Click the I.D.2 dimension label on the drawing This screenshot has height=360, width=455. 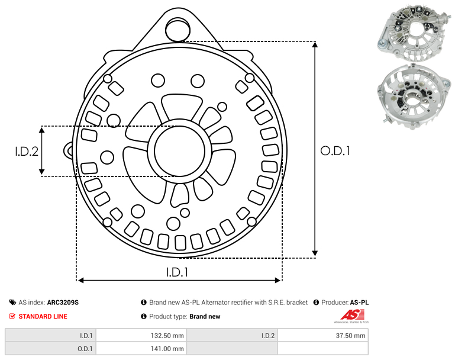coord(27,152)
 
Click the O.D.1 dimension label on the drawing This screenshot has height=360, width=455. coord(335,151)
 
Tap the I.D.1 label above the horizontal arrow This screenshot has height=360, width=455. coord(177,272)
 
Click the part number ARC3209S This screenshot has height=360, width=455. coord(63,303)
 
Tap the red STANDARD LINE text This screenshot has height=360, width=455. coord(43,316)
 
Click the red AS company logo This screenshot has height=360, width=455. coord(352,315)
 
